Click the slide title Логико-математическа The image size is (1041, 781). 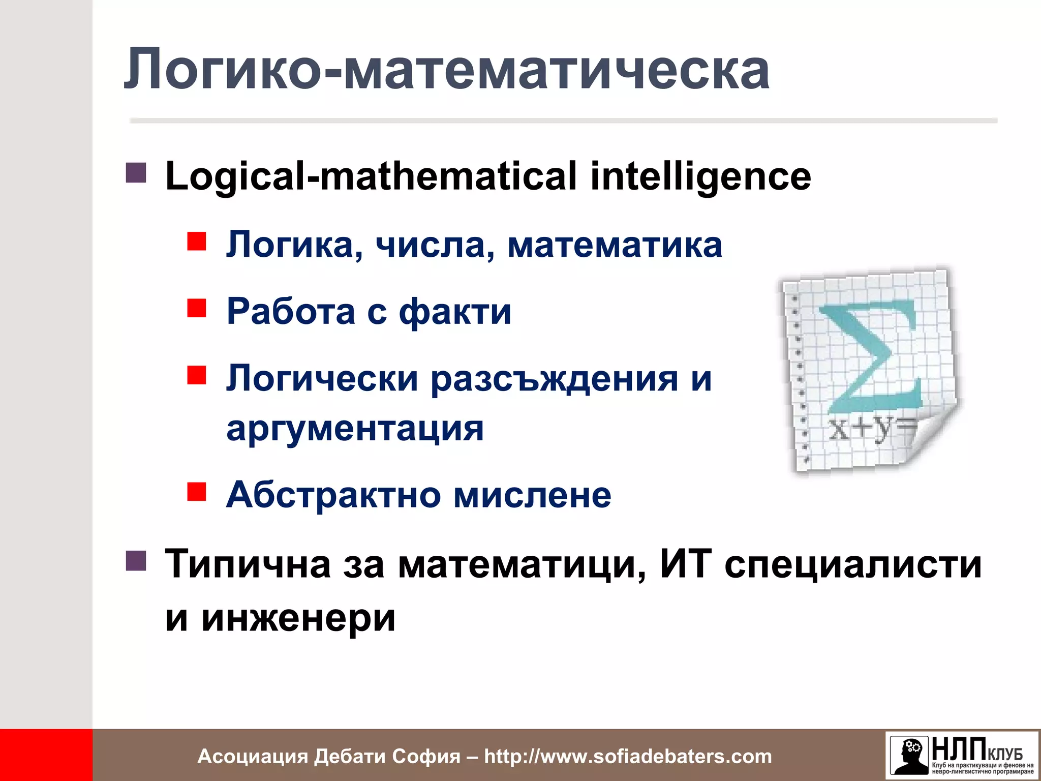pos(446,70)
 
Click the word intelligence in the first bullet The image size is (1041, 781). pos(700,176)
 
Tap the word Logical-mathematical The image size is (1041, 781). pos(371,176)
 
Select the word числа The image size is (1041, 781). pos(435,245)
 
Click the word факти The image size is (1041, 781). pos(455,311)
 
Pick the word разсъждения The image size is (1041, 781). pos(554,379)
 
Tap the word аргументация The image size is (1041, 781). pos(355,428)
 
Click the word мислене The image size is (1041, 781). pos(532,494)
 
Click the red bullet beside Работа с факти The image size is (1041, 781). pos(196,308)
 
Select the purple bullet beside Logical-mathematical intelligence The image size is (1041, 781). pos(136,173)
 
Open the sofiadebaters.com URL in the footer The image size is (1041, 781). pos(628,757)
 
